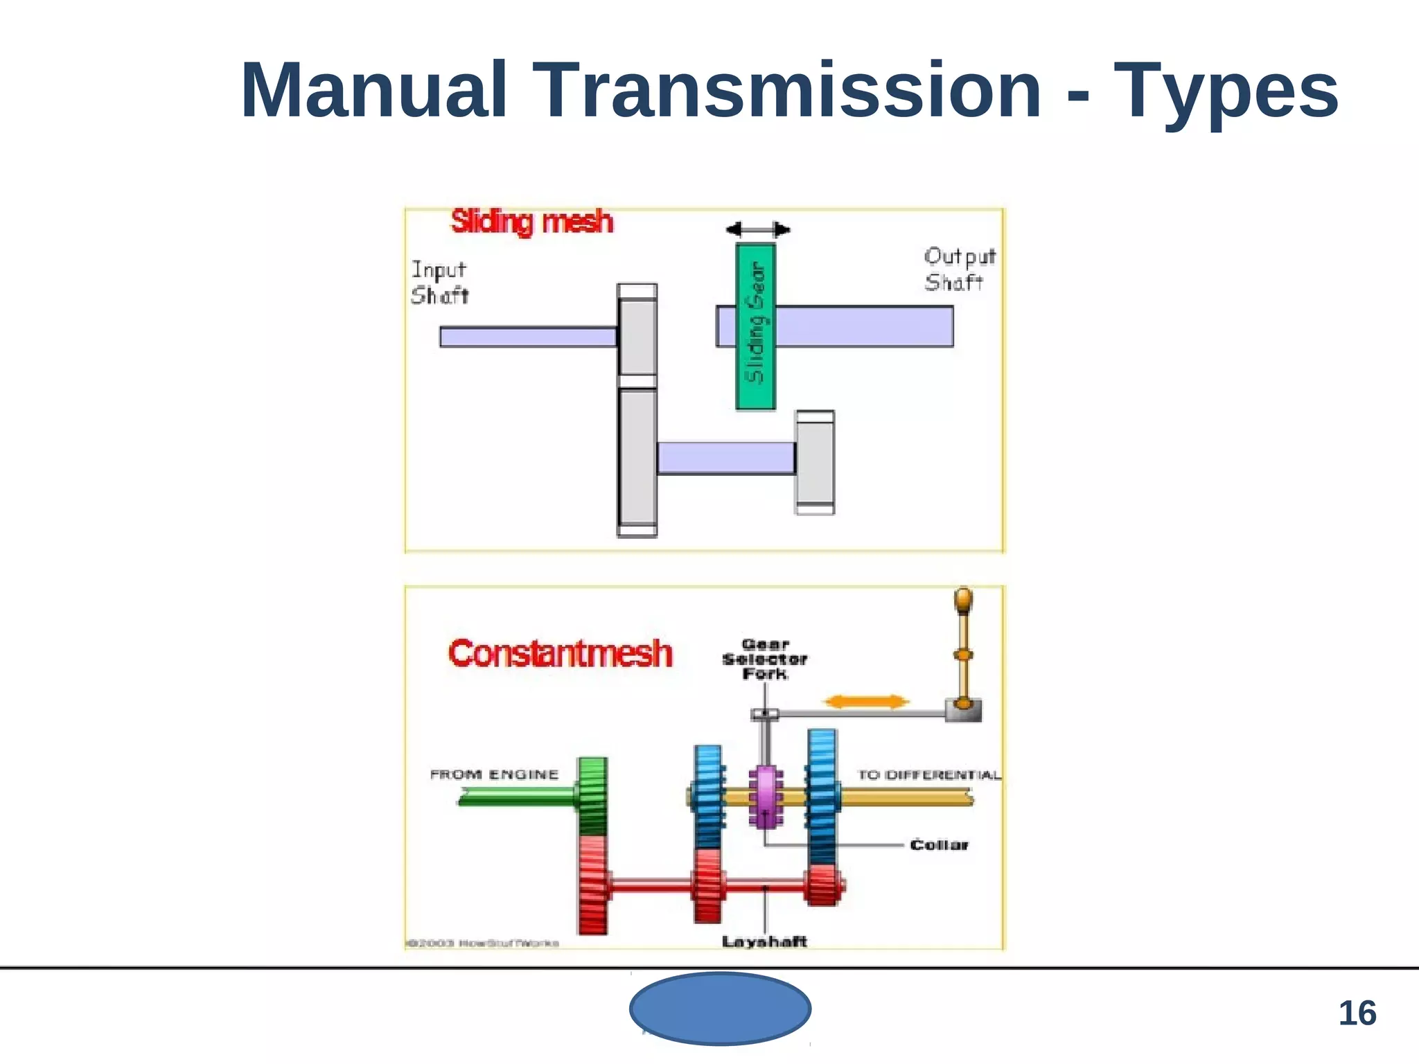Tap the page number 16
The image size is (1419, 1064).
(1357, 1013)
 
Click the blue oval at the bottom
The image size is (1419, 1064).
(720, 1009)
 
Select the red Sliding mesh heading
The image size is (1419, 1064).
(531, 222)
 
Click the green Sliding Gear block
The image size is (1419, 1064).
(755, 326)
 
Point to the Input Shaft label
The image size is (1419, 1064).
(439, 283)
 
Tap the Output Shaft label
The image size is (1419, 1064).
(959, 269)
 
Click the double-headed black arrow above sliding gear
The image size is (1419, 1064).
(757, 230)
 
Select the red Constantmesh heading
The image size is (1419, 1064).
(560, 653)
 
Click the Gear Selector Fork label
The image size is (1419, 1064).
(764, 659)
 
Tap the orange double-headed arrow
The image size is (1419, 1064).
(865, 702)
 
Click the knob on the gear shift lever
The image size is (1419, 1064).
(963, 599)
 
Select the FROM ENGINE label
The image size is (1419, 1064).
(494, 774)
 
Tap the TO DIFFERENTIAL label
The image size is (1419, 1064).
(928, 774)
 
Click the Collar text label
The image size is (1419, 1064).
(939, 844)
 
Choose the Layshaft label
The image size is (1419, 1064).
(764, 941)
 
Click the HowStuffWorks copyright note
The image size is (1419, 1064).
(482, 943)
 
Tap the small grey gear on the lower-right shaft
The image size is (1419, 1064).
(815, 462)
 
